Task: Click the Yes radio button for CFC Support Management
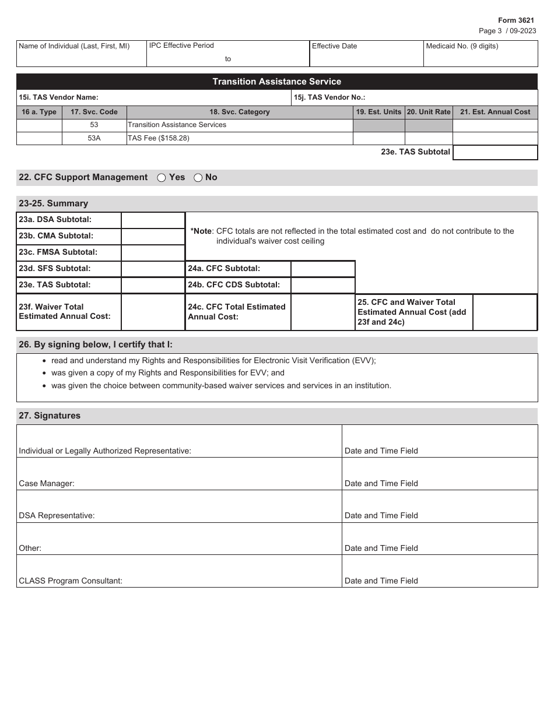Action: (162, 178)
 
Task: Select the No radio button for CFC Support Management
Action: (198, 178)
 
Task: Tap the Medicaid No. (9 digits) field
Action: (481, 54)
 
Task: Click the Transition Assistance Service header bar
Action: (276, 82)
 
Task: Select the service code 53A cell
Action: (94, 138)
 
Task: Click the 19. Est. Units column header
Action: (378, 112)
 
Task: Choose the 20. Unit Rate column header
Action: (429, 112)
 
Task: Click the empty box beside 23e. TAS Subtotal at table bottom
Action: (495, 152)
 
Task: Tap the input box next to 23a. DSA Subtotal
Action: (153, 220)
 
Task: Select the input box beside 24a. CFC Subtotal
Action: (322, 269)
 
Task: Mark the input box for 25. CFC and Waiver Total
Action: (504, 312)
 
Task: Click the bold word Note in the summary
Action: (201, 231)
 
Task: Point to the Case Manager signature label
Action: (47, 483)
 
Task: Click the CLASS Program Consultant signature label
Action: (71, 581)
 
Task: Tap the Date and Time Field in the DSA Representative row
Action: (381, 515)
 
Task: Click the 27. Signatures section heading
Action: (50, 416)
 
